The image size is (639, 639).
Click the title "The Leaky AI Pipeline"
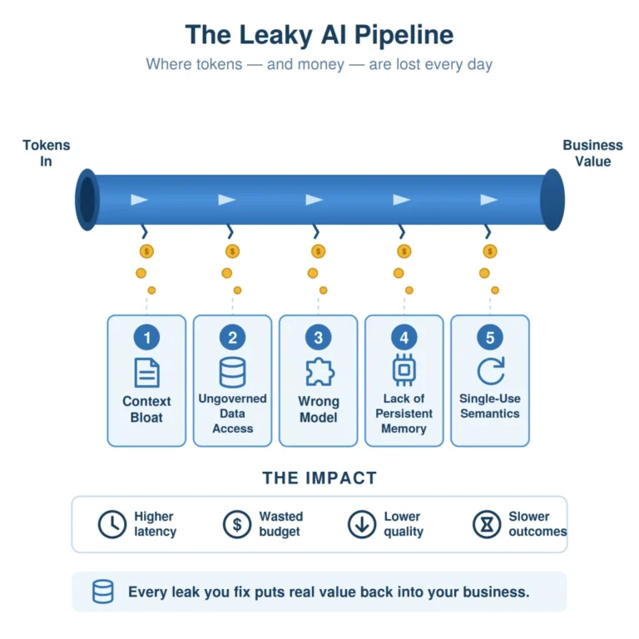[x=319, y=35]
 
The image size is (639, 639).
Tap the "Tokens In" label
[x=46, y=153]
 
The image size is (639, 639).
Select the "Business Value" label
[x=592, y=153]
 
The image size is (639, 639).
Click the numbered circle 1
[x=146, y=337]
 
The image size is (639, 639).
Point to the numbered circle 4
[x=404, y=337]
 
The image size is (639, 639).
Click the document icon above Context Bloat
[x=146, y=373]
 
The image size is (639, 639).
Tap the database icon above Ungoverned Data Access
[x=232, y=372]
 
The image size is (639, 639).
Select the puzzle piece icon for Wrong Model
[x=319, y=372]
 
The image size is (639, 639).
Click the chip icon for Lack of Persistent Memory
[x=404, y=370]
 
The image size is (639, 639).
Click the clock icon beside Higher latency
[x=112, y=524]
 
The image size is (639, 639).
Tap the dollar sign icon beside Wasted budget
[x=237, y=524]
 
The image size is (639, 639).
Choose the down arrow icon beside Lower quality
[x=361, y=524]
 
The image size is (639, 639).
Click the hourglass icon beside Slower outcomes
[x=487, y=524]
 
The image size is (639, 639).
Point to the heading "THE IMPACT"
[x=319, y=478]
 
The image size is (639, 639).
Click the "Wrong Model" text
[x=319, y=409]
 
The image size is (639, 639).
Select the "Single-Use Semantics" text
[x=490, y=406]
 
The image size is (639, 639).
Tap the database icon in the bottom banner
[x=102, y=592]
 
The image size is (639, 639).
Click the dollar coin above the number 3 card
[x=319, y=251]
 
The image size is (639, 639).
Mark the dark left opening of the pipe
[x=87, y=200]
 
